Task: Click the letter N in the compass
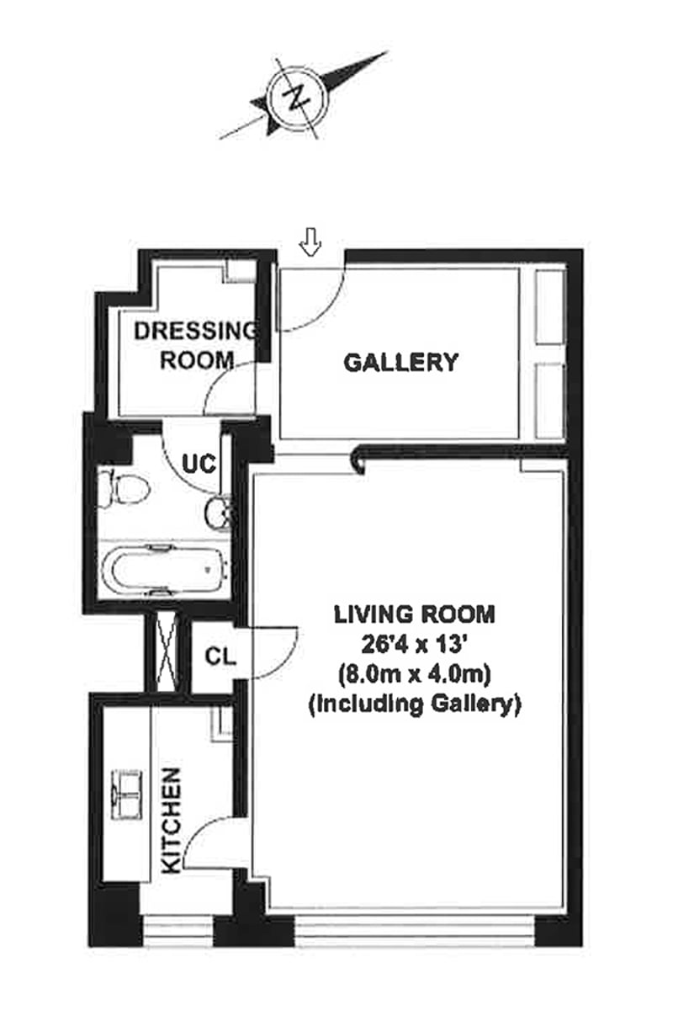click(295, 99)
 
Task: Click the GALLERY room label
click(401, 363)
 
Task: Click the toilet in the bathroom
click(123, 489)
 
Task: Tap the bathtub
click(164, 570)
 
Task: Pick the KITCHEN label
click(171, 821)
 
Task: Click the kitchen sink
click(127, 793)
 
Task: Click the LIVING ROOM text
click(415, 614)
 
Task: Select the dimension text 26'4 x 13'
click(415, 644)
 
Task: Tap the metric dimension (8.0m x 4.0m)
click(415, 674)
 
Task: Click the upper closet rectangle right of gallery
click(550, 306)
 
